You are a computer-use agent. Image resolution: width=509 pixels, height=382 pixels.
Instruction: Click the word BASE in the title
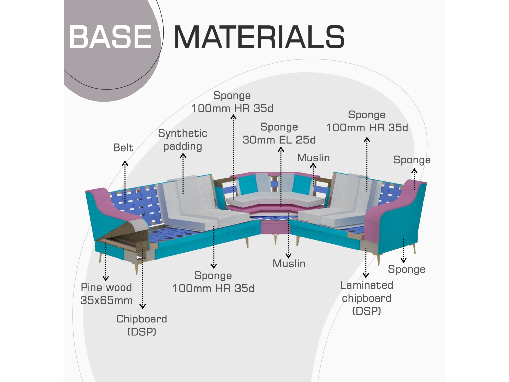pyautogui.click(x=110, y=37)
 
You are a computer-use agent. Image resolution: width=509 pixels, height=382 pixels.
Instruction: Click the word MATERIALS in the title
pyautogui.click(x=259, y=37)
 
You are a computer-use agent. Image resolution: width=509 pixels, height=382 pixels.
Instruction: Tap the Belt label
pyautogui.click(x=123, y=148)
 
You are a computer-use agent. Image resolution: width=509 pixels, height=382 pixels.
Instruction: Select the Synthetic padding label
pyautogui.click(x=183, y=140)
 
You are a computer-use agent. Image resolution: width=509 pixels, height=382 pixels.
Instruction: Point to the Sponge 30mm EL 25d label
pyautogui.click(x=279, y=133)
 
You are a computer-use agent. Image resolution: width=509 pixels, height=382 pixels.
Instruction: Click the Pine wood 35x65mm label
pyautogui.click(x=106, y=294)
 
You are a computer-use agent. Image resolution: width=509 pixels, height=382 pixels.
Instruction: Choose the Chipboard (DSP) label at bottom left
pyautogui.click(x=142, y=325)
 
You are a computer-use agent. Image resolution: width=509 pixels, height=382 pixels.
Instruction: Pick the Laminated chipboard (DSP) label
pyautogui.click(x=366, y=298)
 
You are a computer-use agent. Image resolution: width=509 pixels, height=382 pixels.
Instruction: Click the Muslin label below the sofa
pyautogui.click(x=289, y=264)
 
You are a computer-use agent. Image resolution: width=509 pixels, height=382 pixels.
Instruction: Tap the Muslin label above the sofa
pyautogui.click(x=313, y=158)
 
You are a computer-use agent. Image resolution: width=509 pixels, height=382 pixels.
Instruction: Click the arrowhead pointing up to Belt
pyautogui.click(x=125, y=163)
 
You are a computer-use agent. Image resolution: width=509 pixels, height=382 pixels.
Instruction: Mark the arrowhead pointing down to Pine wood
pyautogui.click(x=106, y=278)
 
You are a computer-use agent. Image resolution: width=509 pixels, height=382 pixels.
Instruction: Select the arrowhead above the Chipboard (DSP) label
pyautogui.click(x=143, y=306)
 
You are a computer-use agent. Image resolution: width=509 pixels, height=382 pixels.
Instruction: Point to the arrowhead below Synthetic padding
pyautogui.click(x=183, y=155)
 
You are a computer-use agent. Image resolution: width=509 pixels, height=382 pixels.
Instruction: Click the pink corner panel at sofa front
pyautogui.click(x=275, y=227)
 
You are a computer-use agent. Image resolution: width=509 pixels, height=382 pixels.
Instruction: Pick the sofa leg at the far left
pyautogui.click(x=100, y=257)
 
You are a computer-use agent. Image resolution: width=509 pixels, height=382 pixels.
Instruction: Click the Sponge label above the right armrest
pyautogui.click(x=412, y=160)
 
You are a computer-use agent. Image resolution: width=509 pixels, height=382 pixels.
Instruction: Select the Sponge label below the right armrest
pyautogui.click(x=406, y=269)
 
